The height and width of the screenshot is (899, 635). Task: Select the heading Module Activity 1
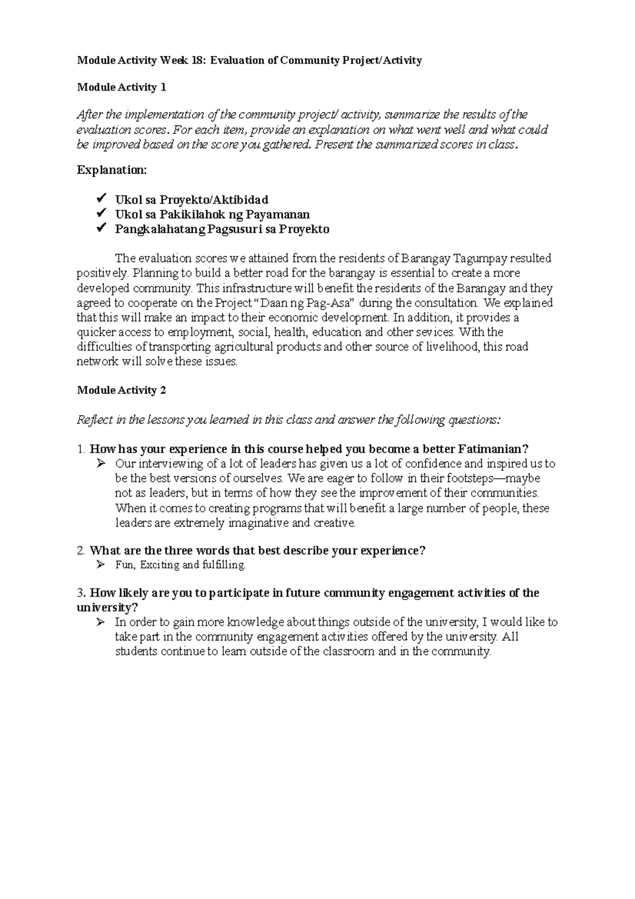(x=122, y=87)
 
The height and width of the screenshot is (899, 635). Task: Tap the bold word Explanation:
(x=112, y=170)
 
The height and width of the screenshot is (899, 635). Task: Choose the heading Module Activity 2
(x=122, y=390)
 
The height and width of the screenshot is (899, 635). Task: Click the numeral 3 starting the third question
(x=80, y=593)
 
